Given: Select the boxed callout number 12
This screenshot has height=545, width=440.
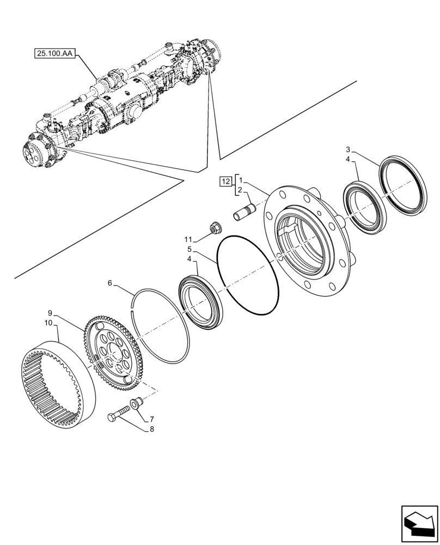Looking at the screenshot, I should click(x=225, y=181).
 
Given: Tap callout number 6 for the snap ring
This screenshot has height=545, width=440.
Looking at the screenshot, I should click(x=110, y=283).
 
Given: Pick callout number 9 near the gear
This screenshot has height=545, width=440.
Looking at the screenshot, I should click(x=50, y=313).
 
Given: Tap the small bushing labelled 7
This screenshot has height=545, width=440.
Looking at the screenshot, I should click(x=135, y=404).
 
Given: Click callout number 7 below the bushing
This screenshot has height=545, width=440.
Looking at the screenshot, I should click(x=151, y=419).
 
